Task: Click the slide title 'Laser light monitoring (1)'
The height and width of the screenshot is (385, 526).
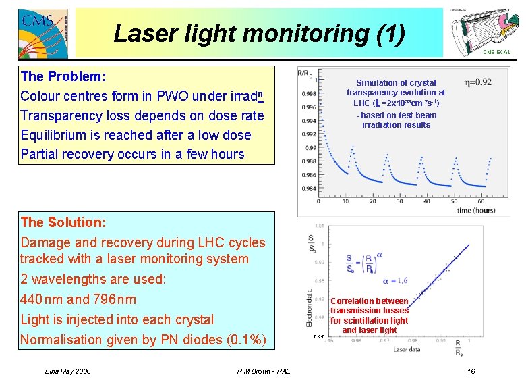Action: coord(259,33)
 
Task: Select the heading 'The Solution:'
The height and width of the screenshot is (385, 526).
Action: coord(63,222)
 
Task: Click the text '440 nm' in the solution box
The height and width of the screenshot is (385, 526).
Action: coord(42,299)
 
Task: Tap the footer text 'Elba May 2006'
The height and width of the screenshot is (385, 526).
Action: coord(68,371)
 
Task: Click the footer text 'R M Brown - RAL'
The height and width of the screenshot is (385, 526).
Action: coord(264,371)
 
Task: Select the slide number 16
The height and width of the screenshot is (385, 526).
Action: coord(471,371)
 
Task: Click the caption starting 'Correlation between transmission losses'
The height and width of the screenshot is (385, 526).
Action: coord(369,315)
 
